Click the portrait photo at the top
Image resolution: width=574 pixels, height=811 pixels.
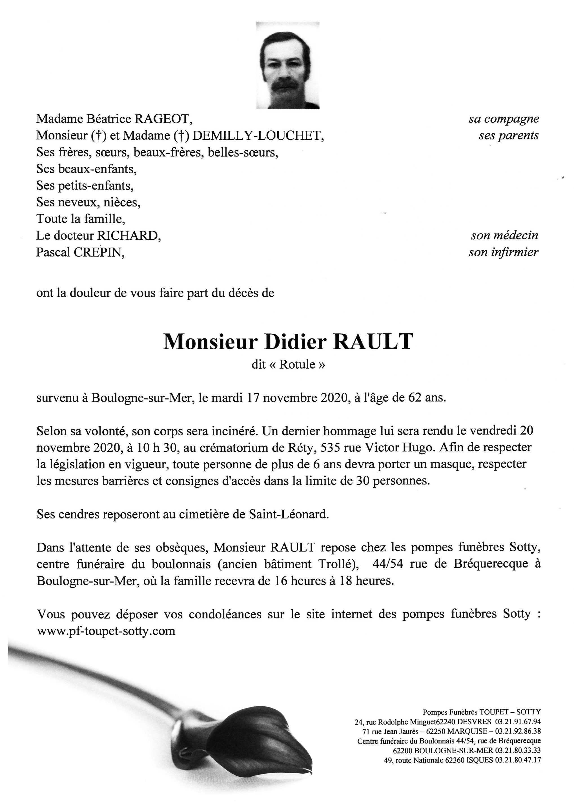[288, 65]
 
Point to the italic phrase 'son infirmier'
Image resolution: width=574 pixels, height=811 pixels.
[503, 252]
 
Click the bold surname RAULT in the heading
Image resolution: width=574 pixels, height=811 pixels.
[373, 341]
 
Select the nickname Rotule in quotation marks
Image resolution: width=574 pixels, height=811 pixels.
[297, 364]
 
